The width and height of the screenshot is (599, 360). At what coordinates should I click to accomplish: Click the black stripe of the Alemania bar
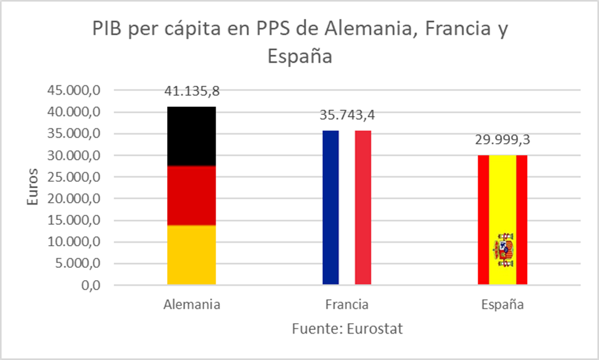(192, 136)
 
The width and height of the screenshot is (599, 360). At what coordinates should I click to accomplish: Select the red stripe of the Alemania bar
(192, 195)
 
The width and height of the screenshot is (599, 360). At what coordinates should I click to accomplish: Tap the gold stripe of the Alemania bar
(192, 254)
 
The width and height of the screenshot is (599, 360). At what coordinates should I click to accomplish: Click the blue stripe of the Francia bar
(330, 207)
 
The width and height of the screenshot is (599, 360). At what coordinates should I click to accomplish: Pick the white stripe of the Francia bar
(346, 207)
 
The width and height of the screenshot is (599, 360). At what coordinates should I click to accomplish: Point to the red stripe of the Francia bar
(363, 207)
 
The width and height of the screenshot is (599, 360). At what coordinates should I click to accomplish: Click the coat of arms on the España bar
(503, 249)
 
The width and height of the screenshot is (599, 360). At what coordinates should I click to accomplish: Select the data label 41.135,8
(192, 92)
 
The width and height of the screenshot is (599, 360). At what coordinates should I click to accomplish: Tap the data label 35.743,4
(346, 115)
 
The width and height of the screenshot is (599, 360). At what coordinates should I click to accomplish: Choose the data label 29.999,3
(503, 139)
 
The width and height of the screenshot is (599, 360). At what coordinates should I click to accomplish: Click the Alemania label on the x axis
(192, 305)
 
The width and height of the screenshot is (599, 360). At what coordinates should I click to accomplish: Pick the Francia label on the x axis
(346, 305)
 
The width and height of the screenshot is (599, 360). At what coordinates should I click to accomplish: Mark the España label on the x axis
(503, 305)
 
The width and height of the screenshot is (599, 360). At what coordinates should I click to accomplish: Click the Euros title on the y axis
(34, 187)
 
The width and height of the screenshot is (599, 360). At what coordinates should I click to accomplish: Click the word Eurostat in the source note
(373, 328)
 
